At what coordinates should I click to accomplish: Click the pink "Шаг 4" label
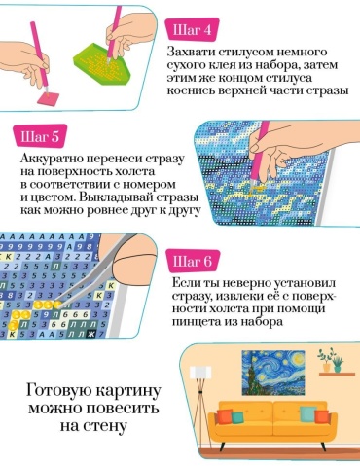pos(192,30)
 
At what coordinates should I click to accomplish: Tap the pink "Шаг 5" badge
pos(40,136)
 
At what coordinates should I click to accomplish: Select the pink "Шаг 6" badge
pos(193,262)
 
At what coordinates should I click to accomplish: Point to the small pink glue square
pos(49,98)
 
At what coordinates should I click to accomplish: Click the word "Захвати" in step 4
pos(191,52)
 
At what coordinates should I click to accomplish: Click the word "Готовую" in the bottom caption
pos(58,390)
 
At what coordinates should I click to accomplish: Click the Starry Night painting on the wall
pos(273,373)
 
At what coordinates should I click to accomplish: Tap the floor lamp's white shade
pos(200,373)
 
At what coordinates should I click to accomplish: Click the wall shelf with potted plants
pos(337,375)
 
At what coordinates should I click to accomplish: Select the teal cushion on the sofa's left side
pos(237,417)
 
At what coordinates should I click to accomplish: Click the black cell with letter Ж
pos(91,334)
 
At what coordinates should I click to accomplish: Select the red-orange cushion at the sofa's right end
pos(322,416)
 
